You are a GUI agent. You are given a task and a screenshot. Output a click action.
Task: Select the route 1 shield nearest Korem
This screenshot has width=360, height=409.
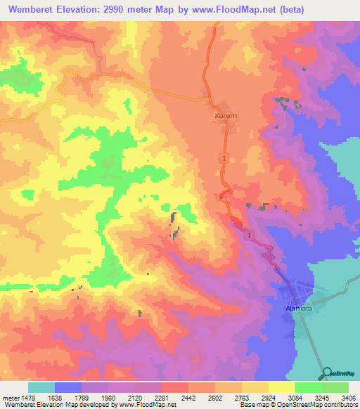coord(224,160)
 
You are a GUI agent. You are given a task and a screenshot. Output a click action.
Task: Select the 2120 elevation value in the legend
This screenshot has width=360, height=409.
coord(134,398)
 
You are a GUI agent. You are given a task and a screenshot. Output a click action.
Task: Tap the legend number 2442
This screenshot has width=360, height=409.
coord(188,398)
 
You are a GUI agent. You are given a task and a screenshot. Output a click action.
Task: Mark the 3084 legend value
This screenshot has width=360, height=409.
coord(296,398)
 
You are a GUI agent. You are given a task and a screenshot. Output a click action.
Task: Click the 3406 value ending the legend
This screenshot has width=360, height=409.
coord(348,398)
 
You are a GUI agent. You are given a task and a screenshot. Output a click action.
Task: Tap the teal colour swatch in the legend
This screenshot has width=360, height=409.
coord(41,387)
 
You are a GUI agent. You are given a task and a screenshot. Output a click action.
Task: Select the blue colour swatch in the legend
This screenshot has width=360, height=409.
coord(68,387)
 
